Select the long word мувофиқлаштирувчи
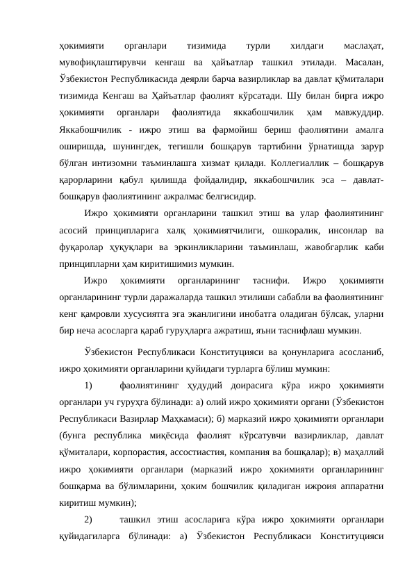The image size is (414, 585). click(101, 64)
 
